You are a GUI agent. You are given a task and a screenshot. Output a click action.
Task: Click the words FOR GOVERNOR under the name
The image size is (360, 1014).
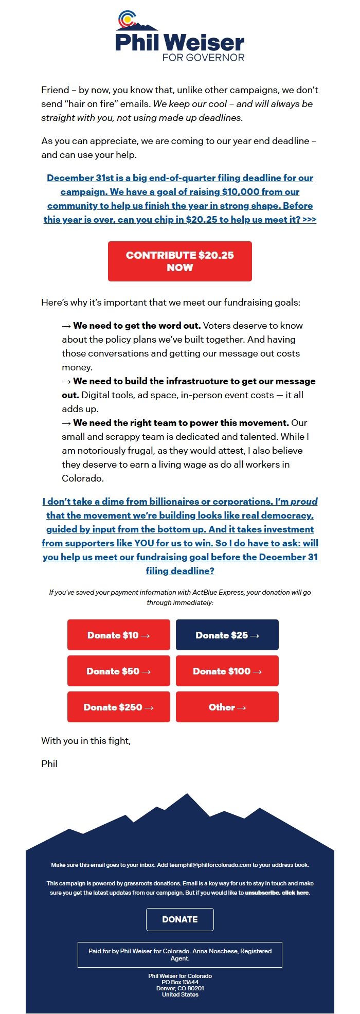[x=203, y=58]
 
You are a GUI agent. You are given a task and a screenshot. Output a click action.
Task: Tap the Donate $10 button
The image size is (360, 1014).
[x=118, y=635]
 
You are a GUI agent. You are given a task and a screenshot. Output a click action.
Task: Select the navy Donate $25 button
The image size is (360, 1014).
[x=227, y=635]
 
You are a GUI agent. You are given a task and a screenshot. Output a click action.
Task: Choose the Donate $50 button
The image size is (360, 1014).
[x=118, y=671]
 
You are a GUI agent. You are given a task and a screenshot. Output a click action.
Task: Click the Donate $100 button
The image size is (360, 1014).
[x=227, y=671]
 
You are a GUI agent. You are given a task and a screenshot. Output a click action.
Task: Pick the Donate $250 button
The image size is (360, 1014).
[x=118, y=707]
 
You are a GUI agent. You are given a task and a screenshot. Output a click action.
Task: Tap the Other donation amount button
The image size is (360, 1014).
[x=227, y=707]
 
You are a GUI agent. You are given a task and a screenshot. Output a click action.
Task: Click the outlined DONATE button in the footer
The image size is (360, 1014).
[x=179, y=919]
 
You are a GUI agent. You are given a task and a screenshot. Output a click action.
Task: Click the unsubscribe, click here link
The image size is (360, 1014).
[x=277, y=893]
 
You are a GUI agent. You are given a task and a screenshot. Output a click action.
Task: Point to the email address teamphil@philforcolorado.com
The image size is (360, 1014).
[x=210, y=865]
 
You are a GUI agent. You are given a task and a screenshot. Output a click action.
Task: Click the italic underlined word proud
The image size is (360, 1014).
[x=304, y=502]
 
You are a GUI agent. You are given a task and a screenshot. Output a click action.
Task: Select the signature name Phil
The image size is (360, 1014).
[x=49, y=764]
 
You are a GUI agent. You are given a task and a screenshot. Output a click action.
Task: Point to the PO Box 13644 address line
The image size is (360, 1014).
[x=179, y=982]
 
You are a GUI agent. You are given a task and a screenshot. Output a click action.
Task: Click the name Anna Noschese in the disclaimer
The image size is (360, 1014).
[x=214, y=951]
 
